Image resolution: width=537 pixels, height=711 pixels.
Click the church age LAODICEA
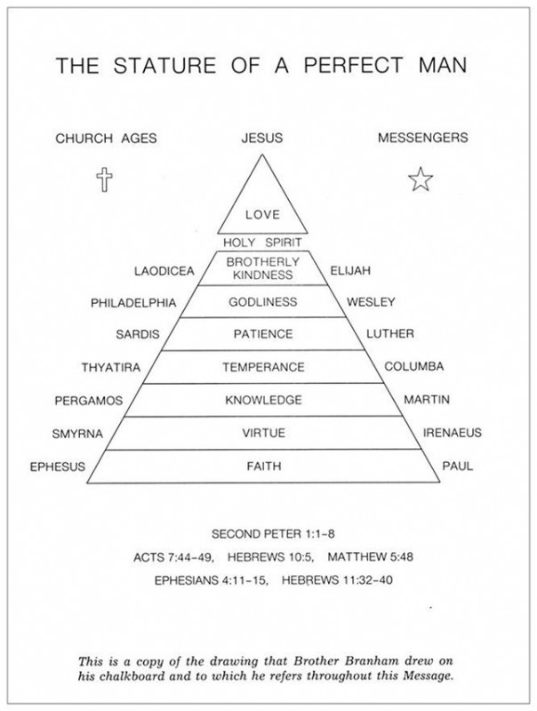point(162,268)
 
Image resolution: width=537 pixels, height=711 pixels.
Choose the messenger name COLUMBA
point(413,366)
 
